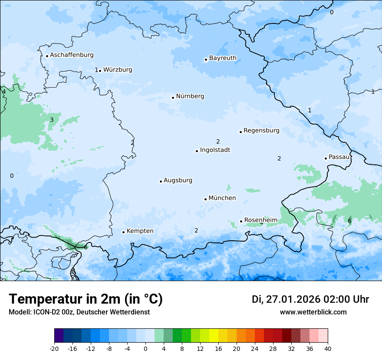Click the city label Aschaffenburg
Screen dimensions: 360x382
pyautogui.click(x=72, y=55)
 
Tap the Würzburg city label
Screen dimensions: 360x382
pyautogui.click(x=118, y=70)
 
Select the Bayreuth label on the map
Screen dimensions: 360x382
pyautogui.click(x=223, y=58)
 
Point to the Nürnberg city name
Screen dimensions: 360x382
pyautogui.click(x=190, y=96)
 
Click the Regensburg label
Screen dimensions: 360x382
pyautogui.click(x=261, y=131)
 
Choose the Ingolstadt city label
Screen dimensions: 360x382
pyautogui.click(x=215, y=150)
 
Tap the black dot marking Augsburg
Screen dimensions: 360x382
pyautogui.click(x=161, y=181)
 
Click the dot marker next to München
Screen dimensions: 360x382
pyautogui.click(x=206, y=199)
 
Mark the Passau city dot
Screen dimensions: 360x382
pyautogui.click(x=326, y=158)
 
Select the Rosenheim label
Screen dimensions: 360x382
pyautogui.click(x=260, y=220)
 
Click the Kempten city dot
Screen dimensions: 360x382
pyautogui.click(x=123, y=232)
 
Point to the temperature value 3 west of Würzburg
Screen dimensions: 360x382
pyautogui.click(x=52, y=120)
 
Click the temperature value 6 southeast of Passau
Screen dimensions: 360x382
pyautogui.click(x=349, y=221)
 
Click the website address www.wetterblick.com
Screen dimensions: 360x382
pyautogui.click(x=313, y=312)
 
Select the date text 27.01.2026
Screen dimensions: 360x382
pyautogui.click(x=293, y=299)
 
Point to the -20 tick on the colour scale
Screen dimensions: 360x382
pyautogui.click(x=54, y=349)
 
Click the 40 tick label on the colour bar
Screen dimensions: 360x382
pyautogui.click(x=328, y=349)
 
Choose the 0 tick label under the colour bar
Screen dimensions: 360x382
pyautogui.click(x=145, y=349)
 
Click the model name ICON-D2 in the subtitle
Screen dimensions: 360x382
pyautogui.click(x=46, y=312)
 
